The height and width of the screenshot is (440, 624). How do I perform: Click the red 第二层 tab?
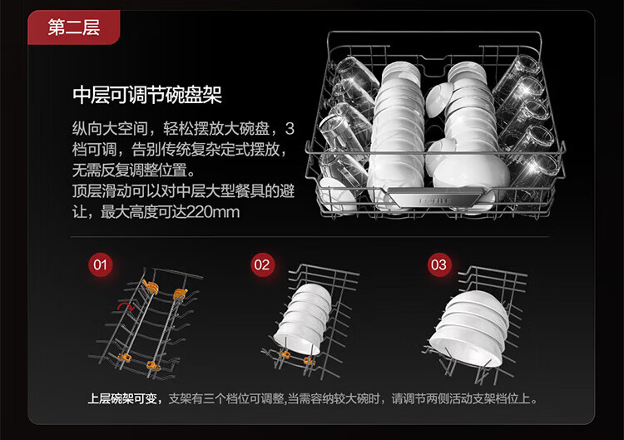(74, 27)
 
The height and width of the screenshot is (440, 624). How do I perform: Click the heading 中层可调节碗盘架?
(146, 95)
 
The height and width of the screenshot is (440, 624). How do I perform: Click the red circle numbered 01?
(100, 265)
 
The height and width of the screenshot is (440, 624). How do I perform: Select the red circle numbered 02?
(263, 265)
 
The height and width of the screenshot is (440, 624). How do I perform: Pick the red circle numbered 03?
(438, 265)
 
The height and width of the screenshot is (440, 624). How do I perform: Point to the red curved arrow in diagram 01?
(126, 307)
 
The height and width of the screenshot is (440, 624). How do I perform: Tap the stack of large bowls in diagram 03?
(470, 329)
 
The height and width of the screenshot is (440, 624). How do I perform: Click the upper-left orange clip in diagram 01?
(151, 284)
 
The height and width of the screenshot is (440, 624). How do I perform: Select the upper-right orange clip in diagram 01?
(180, 293)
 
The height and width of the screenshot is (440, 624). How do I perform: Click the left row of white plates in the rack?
(395, 125)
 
